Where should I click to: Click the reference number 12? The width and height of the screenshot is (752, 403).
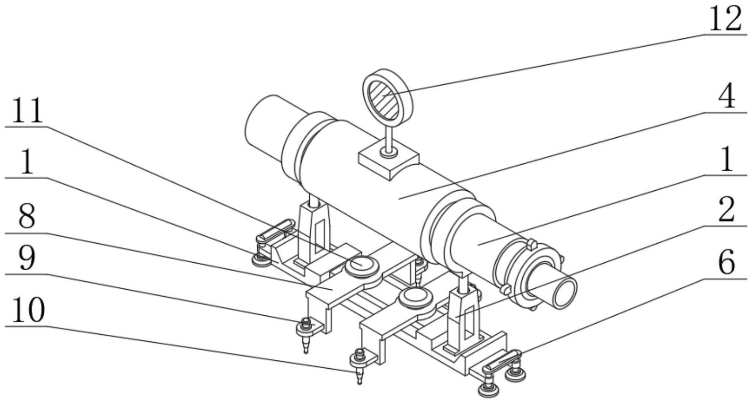pos(723,21)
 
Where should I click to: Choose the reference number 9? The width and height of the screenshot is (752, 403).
pos(27,258)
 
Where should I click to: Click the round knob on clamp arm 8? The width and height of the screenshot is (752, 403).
pos(362,265)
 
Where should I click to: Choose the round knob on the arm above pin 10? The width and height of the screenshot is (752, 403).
pos(416,296)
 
